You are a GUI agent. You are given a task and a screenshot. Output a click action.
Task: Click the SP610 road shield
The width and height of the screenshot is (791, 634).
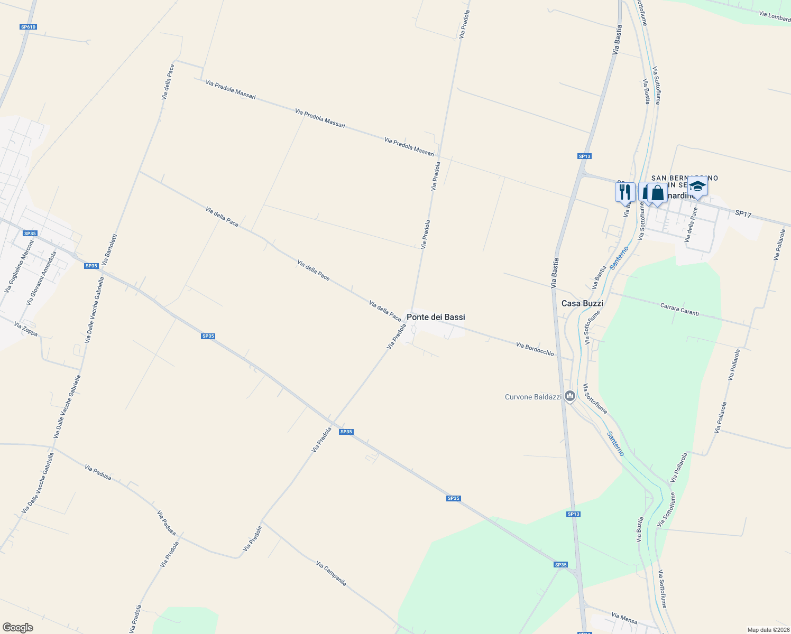[x=28, y=27]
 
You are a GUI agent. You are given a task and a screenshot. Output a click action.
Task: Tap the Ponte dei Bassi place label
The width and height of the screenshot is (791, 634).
[x=436, y=317]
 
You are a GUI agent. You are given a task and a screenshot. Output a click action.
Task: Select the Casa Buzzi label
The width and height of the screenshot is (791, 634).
[x=582, y=303]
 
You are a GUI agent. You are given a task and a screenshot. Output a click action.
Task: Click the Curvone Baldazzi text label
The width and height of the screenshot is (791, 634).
[x=533, y=397]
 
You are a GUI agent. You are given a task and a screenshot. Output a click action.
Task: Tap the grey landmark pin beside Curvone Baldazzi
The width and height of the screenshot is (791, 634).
[x=569, y=396]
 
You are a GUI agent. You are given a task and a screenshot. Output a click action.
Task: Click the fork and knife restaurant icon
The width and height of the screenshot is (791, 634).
[x=625, y=191]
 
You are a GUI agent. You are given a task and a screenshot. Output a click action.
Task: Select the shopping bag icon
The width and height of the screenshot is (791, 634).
[x=657, y=192]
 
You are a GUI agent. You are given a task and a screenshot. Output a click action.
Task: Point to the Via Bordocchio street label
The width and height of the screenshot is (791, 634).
[x=535, y=349]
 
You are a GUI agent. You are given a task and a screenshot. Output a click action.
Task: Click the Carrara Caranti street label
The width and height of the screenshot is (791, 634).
[x=679, y=310]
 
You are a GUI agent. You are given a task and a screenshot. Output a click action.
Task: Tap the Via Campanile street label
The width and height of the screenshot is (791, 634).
[x=331, y=573]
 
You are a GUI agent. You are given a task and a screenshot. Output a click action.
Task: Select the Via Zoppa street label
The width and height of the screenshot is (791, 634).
[x=26, y=329]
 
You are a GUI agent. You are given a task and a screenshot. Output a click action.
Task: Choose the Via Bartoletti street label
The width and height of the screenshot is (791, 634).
[x=109, y=249]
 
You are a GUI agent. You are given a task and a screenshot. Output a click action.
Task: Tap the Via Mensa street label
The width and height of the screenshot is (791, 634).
[x=624, y=618]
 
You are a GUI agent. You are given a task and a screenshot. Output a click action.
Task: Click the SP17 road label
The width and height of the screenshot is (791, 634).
[x=743, y=214]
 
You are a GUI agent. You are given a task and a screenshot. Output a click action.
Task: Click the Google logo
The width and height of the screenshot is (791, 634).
[x=18, y=628]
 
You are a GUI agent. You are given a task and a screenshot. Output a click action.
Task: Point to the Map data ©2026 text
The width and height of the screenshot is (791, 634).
[x=768, y=630]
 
